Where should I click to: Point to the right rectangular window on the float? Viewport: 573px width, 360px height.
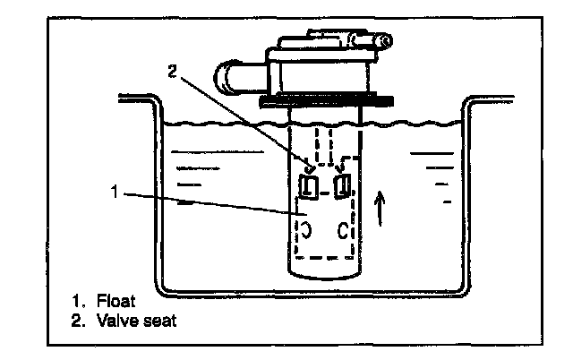tap(342, 186)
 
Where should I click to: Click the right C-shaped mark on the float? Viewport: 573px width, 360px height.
tap(343, 232)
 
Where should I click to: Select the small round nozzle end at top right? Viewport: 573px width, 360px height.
tap(383, 40)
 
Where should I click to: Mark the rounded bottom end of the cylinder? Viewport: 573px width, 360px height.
tap(326, 269)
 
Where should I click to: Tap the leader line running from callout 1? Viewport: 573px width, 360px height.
tap(206, 201)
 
